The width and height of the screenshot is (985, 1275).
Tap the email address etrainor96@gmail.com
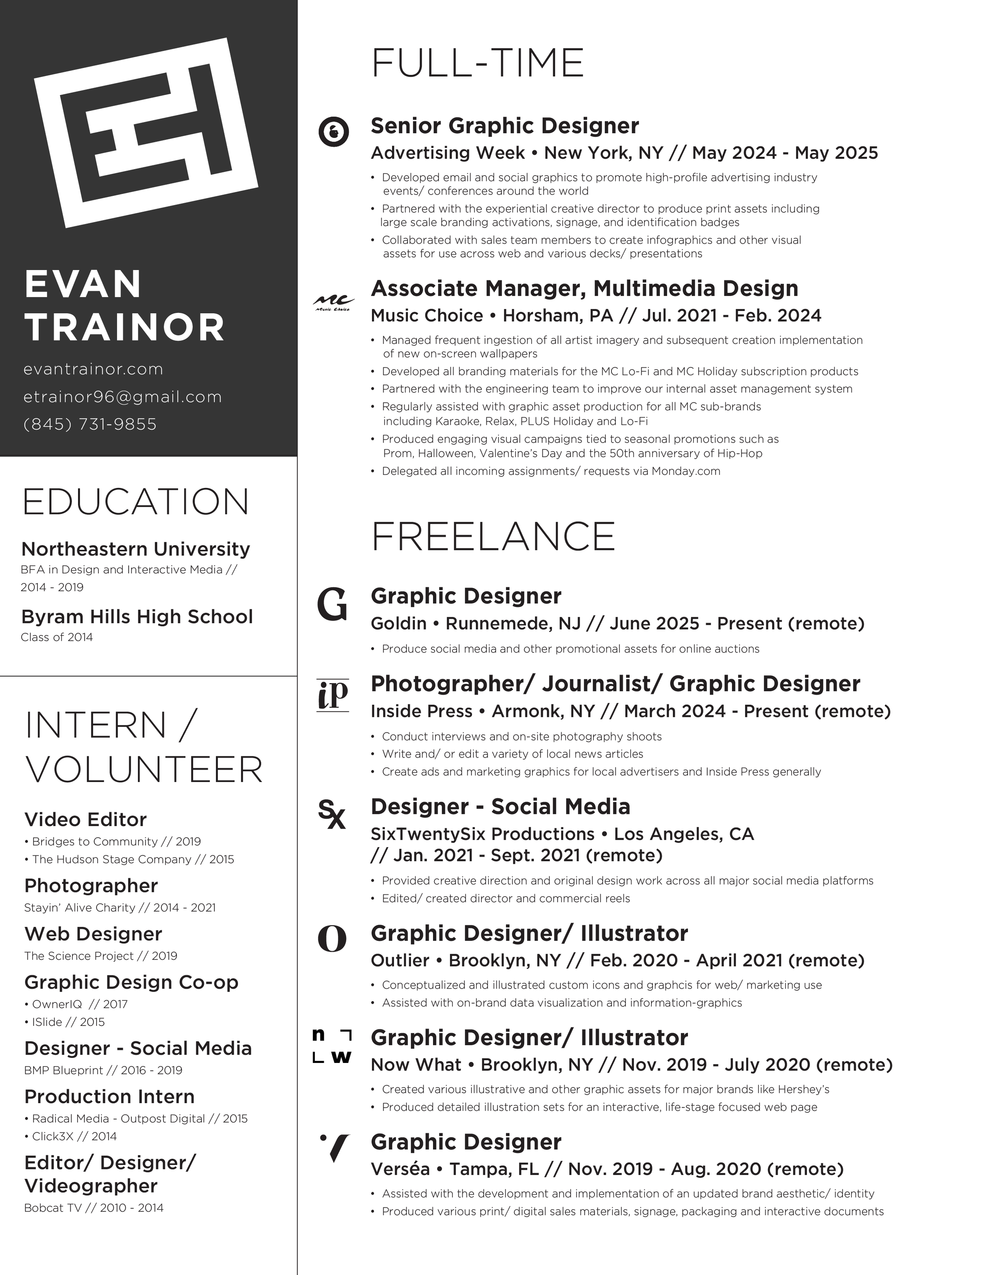point(123,397)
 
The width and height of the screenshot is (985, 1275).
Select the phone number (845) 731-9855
point(91,424)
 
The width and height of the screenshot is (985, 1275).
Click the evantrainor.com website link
point(93,370)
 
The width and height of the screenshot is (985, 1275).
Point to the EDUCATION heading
point(136,502)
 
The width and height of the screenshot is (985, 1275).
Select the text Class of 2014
point(57,637)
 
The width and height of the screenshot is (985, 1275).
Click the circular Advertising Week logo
point(334,132)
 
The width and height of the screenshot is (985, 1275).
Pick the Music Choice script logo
point(333,302)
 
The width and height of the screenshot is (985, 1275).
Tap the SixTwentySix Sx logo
point(331,814)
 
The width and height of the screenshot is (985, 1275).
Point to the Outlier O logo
point(332,939)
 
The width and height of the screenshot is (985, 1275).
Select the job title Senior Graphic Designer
point(505,125)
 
